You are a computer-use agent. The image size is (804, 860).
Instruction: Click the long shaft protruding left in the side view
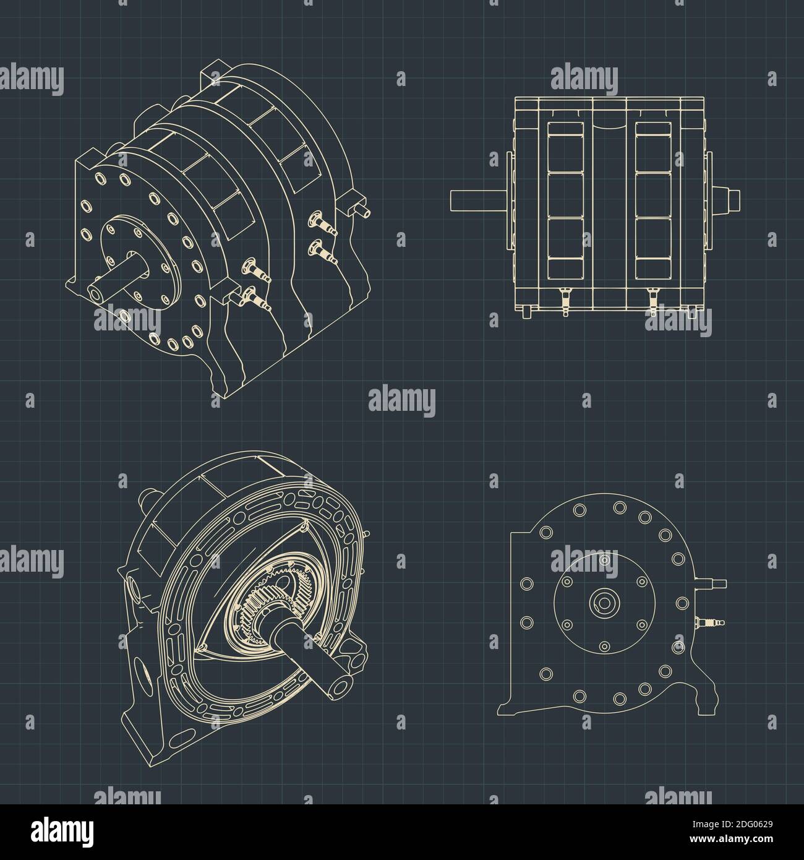pyautogui.click(x=479, y=200)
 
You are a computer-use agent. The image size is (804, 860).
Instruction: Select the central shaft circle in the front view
pyautogui.click(x=604, y=603)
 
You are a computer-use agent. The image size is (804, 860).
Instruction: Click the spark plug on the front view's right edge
pyautogui.click(x=709, y=622)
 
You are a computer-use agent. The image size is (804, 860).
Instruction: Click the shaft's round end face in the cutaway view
pyautogui.click(x=341, y=686)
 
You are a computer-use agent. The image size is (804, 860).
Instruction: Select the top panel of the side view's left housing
pyautogui.click(x=565, y=147)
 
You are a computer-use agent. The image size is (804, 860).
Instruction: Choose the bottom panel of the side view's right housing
pyautogui.click(x=653, y=248)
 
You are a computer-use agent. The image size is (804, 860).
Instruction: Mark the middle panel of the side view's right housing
pyautogui.click(x=653, y=195)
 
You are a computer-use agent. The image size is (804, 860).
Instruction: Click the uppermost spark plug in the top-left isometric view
pyautogui.click(x=322, y=223)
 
